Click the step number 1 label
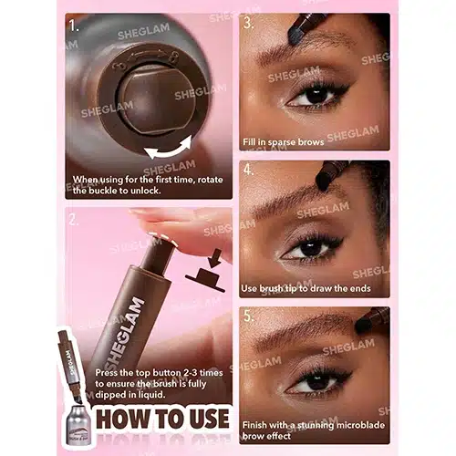74,26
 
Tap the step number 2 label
74,220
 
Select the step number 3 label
249,24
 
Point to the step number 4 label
249,170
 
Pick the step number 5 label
249,316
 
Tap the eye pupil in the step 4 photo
311,248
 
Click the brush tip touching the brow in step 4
323,181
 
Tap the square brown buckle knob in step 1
156,99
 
